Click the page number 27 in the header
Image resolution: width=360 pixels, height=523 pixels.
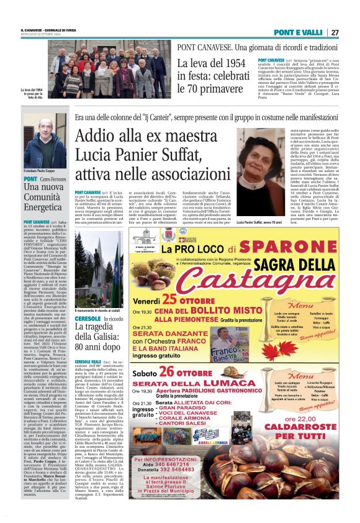335,32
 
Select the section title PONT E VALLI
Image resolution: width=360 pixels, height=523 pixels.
299,32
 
